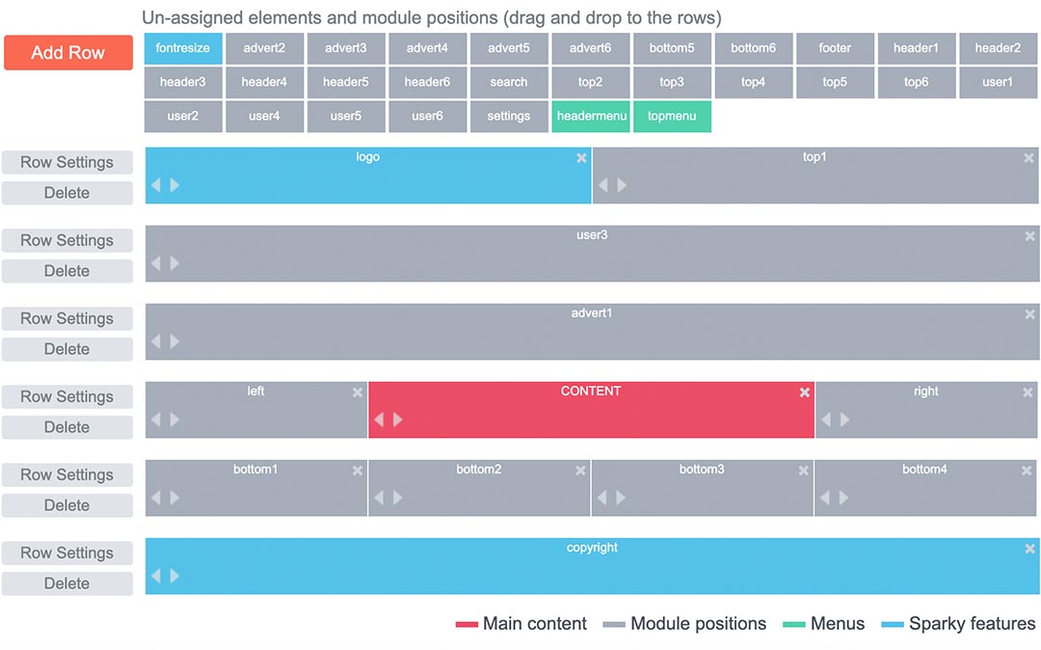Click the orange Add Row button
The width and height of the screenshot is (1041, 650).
[x=68, y=52]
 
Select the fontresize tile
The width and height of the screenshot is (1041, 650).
[x=183, y=48]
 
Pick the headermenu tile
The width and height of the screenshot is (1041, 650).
[x=591, y=116]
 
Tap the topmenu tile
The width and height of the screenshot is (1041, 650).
[x=672, y=116]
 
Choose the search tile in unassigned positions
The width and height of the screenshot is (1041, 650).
[x=509, y=82]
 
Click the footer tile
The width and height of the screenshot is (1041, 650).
[x=835, y=48]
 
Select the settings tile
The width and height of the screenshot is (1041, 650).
[x=509, y=116]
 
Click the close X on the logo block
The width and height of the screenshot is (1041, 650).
[x=581, y=158]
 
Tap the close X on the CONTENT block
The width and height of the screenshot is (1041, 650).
[x=805, y=393]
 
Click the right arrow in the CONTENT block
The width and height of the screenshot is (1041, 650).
[x=398, y=420]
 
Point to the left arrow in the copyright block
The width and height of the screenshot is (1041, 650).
[x=156, y=576]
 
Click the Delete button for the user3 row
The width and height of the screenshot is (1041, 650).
[x=67, y=271]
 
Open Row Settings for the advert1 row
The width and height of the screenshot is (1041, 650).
[x=67, y=318]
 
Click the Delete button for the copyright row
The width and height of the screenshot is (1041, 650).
[x=67, y=583]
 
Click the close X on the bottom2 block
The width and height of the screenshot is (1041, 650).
[x=581, y=471]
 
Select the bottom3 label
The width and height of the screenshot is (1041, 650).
[x=702, y=470]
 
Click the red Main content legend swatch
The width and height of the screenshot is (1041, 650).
[x=467, y=624]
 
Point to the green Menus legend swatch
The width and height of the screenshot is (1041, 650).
[x=794, y=624]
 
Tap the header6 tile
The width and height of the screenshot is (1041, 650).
[x=428, y=82]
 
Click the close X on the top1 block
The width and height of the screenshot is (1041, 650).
[x=1028, y=158]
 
